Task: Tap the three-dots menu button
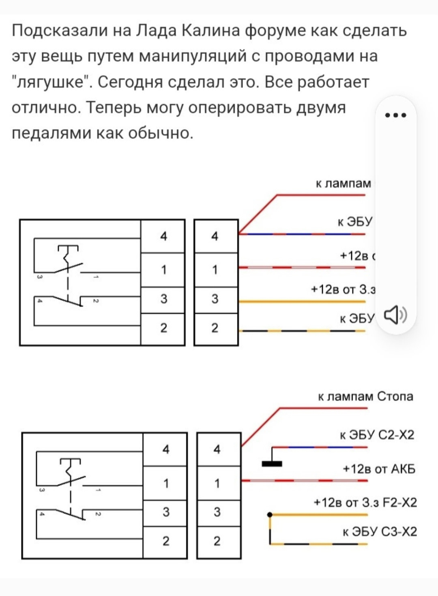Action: click(395, 115)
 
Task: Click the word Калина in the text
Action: click(210, 30)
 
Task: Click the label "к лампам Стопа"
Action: click(365, 396)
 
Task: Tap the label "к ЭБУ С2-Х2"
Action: click(377, 435)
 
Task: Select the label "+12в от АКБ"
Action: click(379, 469)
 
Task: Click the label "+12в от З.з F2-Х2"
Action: click(365, 502)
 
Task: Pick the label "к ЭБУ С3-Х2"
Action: click(380, 532)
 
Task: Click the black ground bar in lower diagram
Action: click(272, 464)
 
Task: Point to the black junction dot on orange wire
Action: click(270, 515)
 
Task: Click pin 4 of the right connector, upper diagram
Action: click(215, 236)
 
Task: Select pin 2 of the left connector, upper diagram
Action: click(163, 328)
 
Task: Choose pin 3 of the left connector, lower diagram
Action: click(166, 512)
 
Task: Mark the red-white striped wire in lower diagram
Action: click(304, 481)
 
